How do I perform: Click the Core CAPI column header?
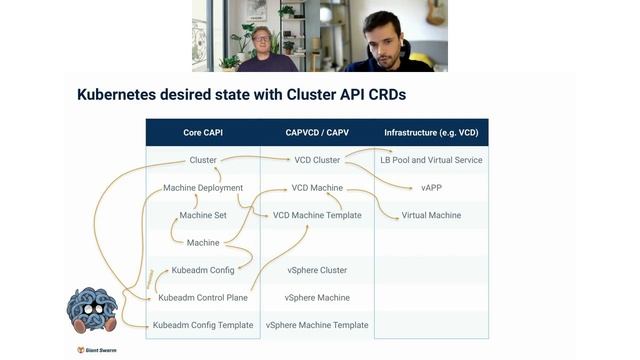point(203,133)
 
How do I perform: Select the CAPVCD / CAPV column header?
point(317,133)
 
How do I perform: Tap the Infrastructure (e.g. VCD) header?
point(432,133)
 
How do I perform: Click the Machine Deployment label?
point(203,188)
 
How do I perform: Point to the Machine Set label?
point(203,215)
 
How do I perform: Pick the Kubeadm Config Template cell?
point(203,325)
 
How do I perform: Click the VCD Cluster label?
point(317,160)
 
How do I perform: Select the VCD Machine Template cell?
point(317,215)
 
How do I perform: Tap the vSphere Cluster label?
point(317,270)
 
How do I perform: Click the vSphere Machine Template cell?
point(317,325)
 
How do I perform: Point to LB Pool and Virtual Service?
point(432,160)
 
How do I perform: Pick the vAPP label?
point(432,188)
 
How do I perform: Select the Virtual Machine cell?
point(432,215)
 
